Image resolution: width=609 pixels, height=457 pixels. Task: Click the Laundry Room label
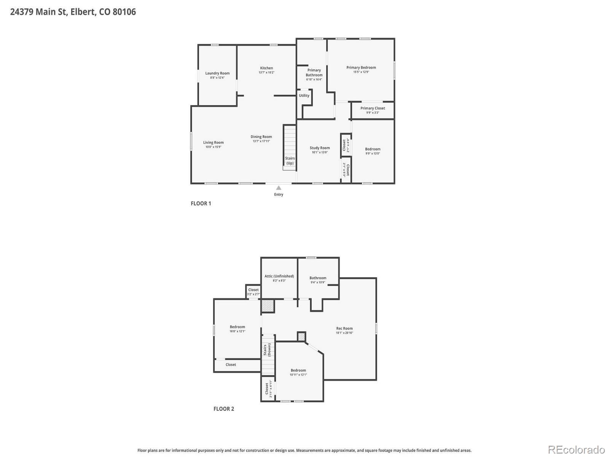pyautogui.click(x=217, y=73)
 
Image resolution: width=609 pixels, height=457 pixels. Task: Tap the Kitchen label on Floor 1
pyautogui.click(x=266, y=68)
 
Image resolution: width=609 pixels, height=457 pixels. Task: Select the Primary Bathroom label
pyautogui.click(x=314, y=72)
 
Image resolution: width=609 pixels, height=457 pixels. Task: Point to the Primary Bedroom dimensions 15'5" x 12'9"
pyautogui.click(x=361, y=72)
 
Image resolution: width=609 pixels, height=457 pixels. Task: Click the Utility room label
pyautogui.click(x=304, y=96)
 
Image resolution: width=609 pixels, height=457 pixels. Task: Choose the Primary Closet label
pyautogui.click(x=373, y=108)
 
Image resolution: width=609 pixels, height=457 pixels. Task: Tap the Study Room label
pyautogui.click(x=320, y=148)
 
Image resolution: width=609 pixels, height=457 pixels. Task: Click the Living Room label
pyautogui.click(x=213, y=142)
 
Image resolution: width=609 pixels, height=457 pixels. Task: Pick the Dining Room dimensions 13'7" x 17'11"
pyautogui.click(x=261, y=141)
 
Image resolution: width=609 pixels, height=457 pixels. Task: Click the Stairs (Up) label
pyautogui.click(x=290, y=161)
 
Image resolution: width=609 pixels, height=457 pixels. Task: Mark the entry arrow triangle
pyautogui.click(x=279, y=188)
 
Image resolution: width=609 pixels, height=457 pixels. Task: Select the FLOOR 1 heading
pyautogui.click(x=201, y=203)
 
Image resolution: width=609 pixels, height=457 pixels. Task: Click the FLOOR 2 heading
pyautogui.click(x=223, y=409)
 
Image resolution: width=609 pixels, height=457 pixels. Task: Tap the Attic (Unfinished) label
pyautogui.click(x=279, y=276)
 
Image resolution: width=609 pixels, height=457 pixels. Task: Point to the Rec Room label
pyautogui.click(x=344, y=328)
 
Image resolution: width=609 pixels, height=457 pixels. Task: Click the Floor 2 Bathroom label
pyautogui.click(x=318, y=278)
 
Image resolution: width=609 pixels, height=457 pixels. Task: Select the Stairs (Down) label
pyautogui.click(x=267, y=350)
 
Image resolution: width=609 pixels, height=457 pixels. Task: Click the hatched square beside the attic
pyautogui.click(x=268, y=306)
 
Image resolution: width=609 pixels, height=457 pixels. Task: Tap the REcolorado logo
pyautogui.click(x=576, y=449)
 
